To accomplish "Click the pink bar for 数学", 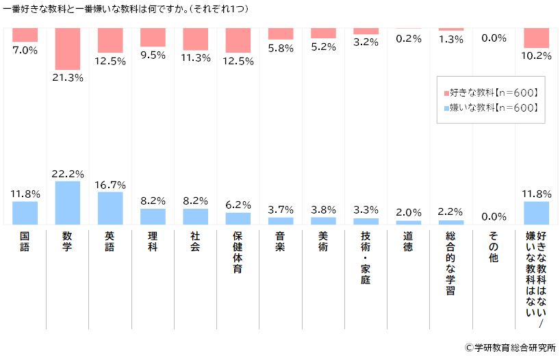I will [68, 48].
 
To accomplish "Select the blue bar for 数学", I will [68, 203].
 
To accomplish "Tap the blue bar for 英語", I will [110, 208].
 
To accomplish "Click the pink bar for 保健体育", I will [238, 40].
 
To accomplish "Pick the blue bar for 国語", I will [25, 213].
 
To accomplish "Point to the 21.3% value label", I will [68, 77].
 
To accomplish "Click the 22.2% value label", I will [68, 173].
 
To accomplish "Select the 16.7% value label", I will [110, 184].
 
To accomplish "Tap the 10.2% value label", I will [536, 55].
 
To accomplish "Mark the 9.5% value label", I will [153, 55].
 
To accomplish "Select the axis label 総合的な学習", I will [450, 263].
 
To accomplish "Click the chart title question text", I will [126, 10].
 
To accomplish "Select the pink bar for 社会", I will [195, 39].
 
